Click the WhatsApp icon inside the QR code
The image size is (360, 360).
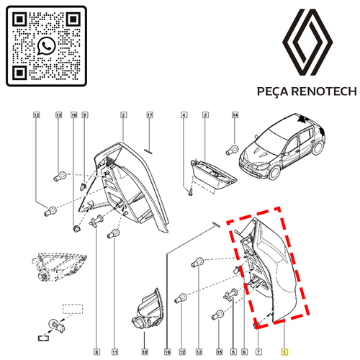click(47, 46)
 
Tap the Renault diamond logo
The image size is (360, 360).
click(307, 42)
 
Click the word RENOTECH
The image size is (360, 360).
click(325, 91)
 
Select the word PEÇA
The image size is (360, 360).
click(273, 92)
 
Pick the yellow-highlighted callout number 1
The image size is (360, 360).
click(284, 352)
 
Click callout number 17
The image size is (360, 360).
click(150, 115)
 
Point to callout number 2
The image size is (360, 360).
click(123, 115)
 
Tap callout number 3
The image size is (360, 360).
click(205, 115)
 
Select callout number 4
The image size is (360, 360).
click(184, 115)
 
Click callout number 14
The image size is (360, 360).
click(235, 115)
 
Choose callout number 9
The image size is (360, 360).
click(84, 115)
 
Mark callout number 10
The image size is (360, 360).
click(74, 115)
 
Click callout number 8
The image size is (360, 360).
click(96, 352)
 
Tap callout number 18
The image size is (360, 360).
click(145, 352)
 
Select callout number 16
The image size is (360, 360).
click(168, 352)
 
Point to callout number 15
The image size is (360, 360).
click(220, 352)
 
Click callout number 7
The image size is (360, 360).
click(258, 352)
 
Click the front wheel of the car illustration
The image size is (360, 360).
click(275, 173)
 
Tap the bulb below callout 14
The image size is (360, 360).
click(232, 150)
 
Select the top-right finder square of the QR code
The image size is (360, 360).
click(73, 19)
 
